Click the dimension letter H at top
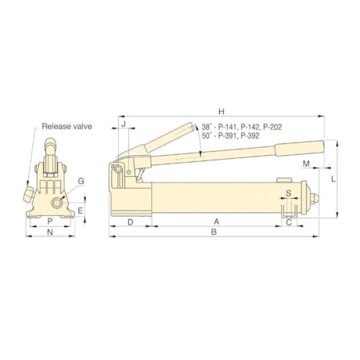tap(222, 110)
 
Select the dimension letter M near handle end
tap(307, 164)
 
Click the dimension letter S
tap(288, 192)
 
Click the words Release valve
tap(67, 125)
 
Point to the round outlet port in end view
tap(57, 203)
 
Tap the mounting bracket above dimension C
tap(288, 207)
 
